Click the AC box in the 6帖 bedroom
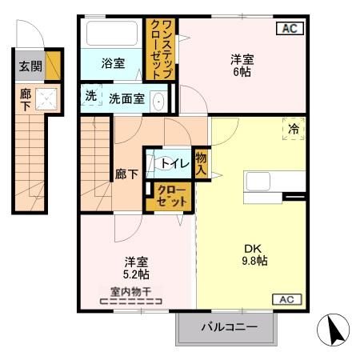[x=290, y=30]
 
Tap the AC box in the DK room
[x=290, y=299]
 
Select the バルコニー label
[x=229, y=327]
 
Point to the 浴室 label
[x=113, y=63]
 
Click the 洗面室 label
[x=127, y=100]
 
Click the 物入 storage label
[x=201, y=164]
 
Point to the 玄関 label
[x=26, y=68]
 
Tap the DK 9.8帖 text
[x=251, y=254]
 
